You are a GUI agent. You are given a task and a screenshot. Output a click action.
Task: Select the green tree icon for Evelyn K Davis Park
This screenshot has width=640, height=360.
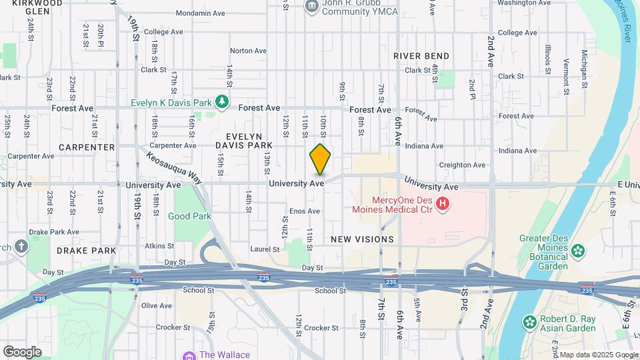(x=222, y=102)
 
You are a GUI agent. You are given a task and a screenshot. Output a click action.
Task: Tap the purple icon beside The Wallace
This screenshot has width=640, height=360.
(x=189, y=355)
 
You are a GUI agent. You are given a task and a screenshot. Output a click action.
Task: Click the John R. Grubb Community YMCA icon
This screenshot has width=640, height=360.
(x=311, y=7)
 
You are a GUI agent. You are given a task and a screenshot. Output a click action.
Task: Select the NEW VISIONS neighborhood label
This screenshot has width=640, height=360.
(x=362, y=239)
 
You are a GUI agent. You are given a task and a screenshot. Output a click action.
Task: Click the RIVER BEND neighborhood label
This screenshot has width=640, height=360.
(x=421, y=56)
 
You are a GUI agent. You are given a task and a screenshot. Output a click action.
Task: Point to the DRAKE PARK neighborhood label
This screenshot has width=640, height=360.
(x=86, y=251)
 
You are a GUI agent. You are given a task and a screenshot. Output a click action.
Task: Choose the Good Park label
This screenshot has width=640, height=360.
(x=189, y=216)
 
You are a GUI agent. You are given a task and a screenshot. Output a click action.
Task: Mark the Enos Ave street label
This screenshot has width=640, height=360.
(x=304, y=211)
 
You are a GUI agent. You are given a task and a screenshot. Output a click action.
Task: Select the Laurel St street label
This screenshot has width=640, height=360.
(x=264, y=249)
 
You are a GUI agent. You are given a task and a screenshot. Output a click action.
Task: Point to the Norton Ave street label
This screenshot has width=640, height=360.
(x=248, y=51)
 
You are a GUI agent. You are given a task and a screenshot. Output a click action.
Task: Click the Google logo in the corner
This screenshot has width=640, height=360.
(x=22, y=352)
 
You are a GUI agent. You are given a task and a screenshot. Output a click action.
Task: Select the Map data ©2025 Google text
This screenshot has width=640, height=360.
(x=598, y=355)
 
